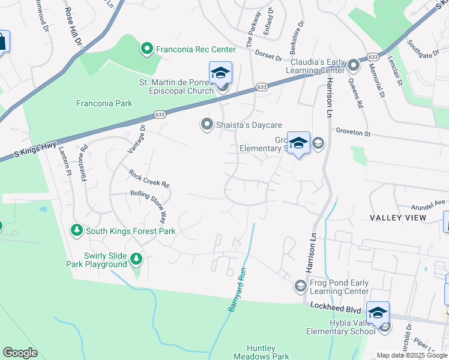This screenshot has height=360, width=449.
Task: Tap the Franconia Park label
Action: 104,103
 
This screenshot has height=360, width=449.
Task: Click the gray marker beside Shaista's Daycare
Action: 207,124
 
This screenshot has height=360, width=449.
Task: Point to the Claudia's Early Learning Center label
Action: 318,66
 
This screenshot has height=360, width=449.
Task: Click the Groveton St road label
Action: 355,130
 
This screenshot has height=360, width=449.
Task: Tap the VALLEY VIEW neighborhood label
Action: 398,217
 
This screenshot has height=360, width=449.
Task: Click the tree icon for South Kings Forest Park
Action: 76,230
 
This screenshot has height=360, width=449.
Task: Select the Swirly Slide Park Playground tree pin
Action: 136,259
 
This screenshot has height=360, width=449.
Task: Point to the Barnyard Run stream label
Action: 238,289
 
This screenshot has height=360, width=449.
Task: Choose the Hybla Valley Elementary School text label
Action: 344,326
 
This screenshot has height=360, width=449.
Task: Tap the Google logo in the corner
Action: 20,353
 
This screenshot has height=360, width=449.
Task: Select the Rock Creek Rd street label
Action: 149,178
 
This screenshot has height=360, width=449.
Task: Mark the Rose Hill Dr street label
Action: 77,22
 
